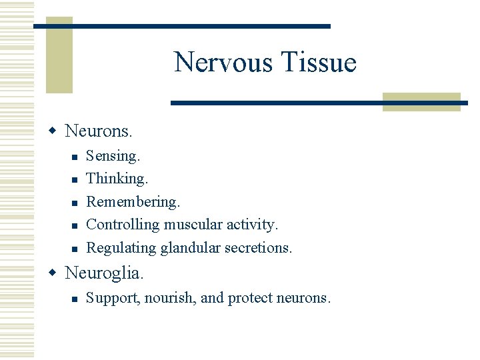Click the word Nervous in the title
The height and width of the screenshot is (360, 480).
coord(223,63)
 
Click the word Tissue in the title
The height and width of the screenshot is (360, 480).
coord(319,63)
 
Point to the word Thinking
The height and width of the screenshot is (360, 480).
coord(117,179)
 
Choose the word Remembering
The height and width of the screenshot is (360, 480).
coord(133,201)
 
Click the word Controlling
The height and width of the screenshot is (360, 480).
coord(123,225)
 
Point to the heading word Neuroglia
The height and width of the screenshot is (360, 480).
coord(104,273)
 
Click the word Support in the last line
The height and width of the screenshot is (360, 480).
coord(113,298)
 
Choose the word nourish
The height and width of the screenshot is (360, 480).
coord(170,298)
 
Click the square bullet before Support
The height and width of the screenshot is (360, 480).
coord(75,299)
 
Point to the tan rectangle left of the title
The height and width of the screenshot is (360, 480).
coord(59,55)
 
